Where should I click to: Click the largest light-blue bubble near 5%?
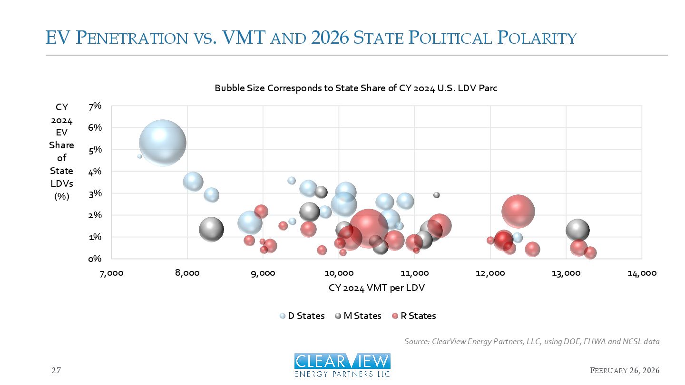tap(162, 143)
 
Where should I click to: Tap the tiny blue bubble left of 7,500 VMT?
tap(139, 156)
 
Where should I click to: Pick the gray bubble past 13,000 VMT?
tap(577, 230)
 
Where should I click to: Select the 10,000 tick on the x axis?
tap(339, 273)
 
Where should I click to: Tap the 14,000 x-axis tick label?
tap(642, 273)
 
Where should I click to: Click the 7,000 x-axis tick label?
tap(111, 273)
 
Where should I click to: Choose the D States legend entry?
tap(302, 316)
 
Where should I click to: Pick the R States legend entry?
tap(414, 316)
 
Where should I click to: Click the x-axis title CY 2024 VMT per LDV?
tap(376, 288)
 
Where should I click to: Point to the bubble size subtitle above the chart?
tap(356, 88)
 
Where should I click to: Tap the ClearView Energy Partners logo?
tap(342, 365)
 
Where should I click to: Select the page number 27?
tap(56, 370)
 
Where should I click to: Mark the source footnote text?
tap(532, 341)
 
